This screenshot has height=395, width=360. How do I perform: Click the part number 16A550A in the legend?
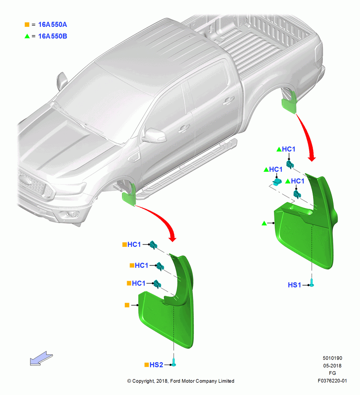point(52,24)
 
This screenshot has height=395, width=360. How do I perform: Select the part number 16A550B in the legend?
point(52,36)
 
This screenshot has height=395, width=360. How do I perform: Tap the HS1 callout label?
point(294,285)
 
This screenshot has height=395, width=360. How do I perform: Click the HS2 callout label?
point(156,365)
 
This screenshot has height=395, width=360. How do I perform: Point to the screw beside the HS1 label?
point(312,283)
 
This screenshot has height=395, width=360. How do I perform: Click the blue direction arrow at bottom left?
point(41,359)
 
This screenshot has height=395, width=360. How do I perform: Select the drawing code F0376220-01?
point(332,381)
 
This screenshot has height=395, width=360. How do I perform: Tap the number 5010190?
point(332,358)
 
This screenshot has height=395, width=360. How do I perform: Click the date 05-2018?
point(332,365)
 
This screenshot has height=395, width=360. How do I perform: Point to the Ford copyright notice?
point(180,381)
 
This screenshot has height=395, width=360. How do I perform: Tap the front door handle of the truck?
point(184,128)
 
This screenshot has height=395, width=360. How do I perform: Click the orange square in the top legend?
point(27,24)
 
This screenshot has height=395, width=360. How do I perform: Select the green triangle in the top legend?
point(27,36)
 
